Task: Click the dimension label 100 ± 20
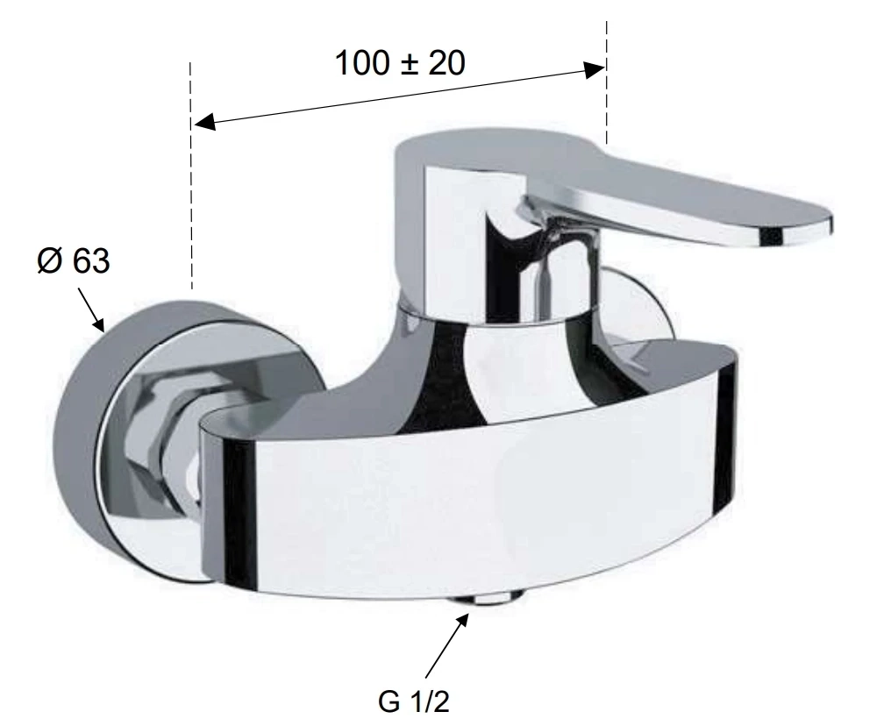[x=400, y=62]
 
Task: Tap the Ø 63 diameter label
[x=74, y=260]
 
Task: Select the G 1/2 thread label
[x=414, y=701]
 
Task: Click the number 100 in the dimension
[x=362, y=62]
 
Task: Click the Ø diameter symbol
[x=50, y=260]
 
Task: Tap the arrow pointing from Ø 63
[x=91, y=310]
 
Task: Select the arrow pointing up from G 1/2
[x=446, y=644]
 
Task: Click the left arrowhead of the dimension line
[x=204, y=122]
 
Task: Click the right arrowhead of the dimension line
[x=594, y=70]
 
